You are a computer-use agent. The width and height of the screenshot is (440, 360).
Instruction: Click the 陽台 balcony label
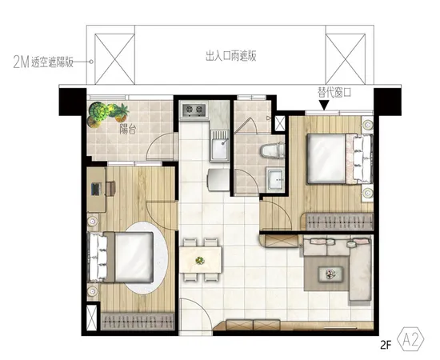pos(128,130)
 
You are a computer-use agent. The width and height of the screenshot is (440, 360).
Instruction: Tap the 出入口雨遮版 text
pos(231,56)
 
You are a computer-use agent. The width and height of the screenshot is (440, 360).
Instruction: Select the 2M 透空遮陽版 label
pos(43,62)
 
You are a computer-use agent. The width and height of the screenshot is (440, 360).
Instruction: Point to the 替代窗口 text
pos(334,92)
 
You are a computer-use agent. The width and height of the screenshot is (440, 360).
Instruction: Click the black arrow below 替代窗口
pos(324,105)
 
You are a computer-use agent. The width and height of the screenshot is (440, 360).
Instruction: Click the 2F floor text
pos(386,345)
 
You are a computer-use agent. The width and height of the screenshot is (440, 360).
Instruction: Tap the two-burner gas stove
pos(194,110)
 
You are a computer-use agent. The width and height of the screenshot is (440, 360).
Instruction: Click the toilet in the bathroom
pos(272,150)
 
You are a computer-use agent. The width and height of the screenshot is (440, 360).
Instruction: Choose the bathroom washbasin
pos(276,178)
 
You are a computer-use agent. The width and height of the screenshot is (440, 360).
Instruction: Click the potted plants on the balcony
pos(106,114)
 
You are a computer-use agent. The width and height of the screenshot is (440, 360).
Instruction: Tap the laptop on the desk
pos(96,189)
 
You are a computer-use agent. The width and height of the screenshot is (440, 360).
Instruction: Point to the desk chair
pos(110,188)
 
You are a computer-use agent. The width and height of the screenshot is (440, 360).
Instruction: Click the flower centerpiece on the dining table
pos(200,260)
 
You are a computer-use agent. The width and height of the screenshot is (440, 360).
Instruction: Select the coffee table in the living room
pos(330,274)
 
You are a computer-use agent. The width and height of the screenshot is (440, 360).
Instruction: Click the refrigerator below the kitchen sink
pos(218,179)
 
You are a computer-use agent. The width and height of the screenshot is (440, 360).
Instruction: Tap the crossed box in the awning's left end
pos(114,58)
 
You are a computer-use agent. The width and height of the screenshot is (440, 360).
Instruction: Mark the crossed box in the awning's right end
pos(346,58)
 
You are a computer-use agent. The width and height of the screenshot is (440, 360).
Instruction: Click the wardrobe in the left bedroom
pos(138,322)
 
